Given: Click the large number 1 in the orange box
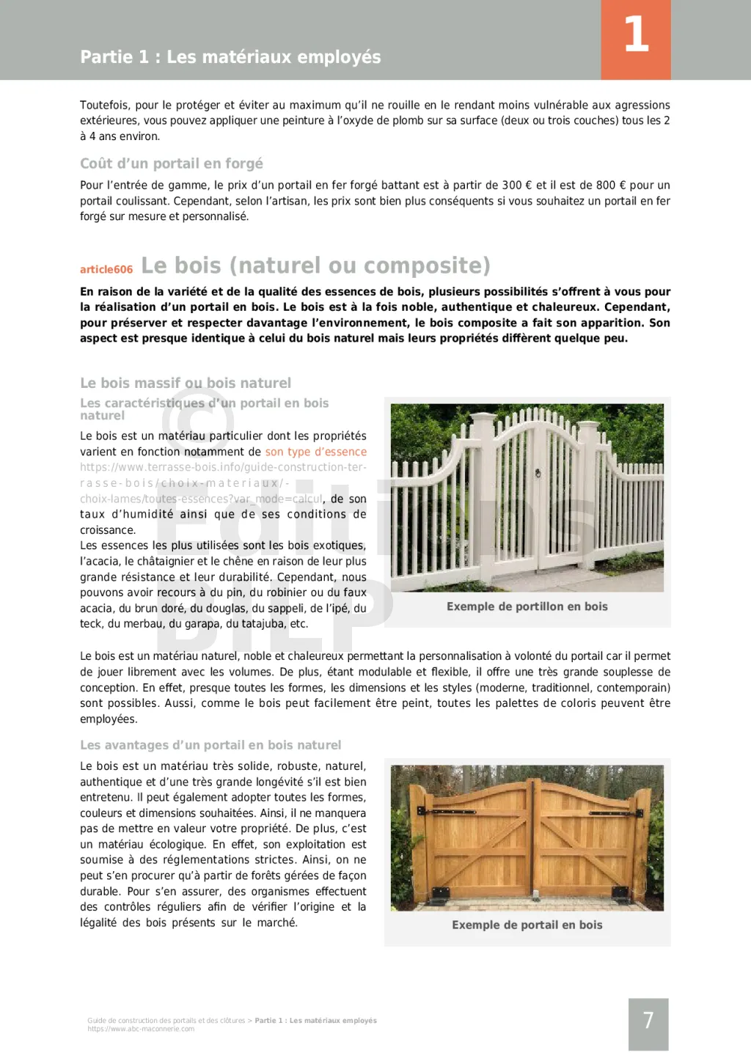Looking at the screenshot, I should tap(636, 35).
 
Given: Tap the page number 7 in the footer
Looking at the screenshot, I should tap(648, 1021).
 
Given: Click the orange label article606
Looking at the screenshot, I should tap(106, 270).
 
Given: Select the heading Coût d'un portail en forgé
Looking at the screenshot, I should tap(172, 164).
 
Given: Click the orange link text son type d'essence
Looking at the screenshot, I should tap(315, 452).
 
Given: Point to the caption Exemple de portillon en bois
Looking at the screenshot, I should tap(527, 606).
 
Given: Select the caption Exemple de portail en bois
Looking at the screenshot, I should tap(527, 925).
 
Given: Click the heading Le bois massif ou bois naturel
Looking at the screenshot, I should tap(186, 383).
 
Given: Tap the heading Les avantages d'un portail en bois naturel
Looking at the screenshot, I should tap(210, 745).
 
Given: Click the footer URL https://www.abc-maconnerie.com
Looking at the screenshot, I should tap(141, 1029).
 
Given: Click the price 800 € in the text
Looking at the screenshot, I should tap(606, 186).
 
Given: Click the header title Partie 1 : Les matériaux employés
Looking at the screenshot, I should tap(230, 57).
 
